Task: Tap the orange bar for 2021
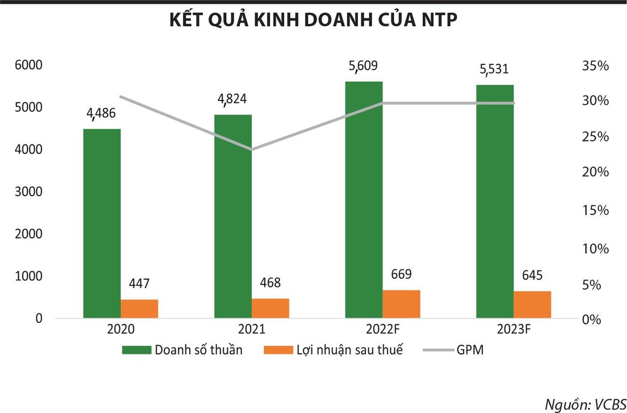tap(270, 308)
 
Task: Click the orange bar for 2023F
tap(532, 304)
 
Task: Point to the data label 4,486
tap(101, 114)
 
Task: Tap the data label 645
tap(532, 275)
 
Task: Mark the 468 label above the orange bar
tap(270, 283)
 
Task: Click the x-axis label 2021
tap(251, 330)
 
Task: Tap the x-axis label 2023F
tap(514, 330)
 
